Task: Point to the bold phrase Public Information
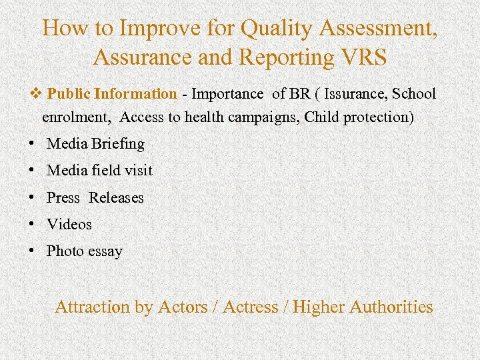(x=112, y=94)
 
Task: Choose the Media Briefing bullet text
(x=95, y=143)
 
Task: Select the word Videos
(x=69, y=225)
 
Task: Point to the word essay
(x=105, y=251)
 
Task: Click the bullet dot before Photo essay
(x=32, y=251)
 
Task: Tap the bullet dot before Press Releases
(x=32, y=197)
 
